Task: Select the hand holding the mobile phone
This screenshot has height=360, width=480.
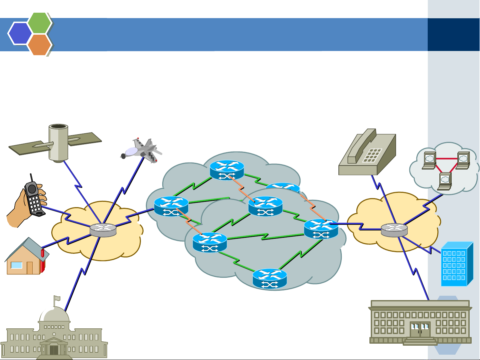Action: pos(28,203)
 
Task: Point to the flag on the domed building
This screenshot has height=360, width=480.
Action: pos(57,298)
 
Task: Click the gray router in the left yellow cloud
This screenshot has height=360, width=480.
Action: pos(103,230)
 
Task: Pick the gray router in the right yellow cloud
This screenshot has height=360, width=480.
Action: pos(394,229)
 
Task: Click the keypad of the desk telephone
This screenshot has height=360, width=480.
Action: pos(372,155)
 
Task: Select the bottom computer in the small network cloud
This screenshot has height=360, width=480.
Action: pos(445,181)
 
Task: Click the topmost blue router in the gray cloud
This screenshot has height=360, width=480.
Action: pos(227,170)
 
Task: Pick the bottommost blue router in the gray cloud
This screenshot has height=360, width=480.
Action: pos(269,278)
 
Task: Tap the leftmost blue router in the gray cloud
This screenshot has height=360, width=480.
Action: pos(171,206)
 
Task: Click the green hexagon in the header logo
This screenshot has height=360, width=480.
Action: pos(40,23)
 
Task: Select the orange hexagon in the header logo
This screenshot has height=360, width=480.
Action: pos(40,44)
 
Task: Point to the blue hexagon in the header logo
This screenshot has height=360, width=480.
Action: pos(20,33)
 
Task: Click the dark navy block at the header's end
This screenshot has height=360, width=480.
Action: pos(453,35)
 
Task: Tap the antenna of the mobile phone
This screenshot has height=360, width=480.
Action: pos(31,178)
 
